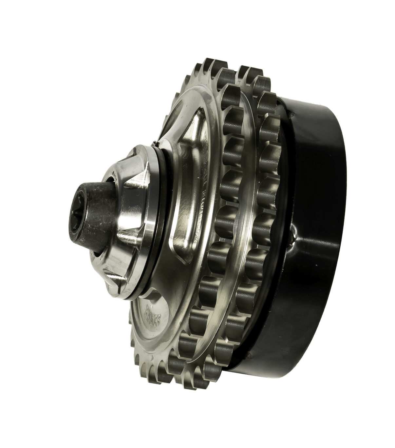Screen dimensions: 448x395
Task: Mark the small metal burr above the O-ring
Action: (x=155, y=142)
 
